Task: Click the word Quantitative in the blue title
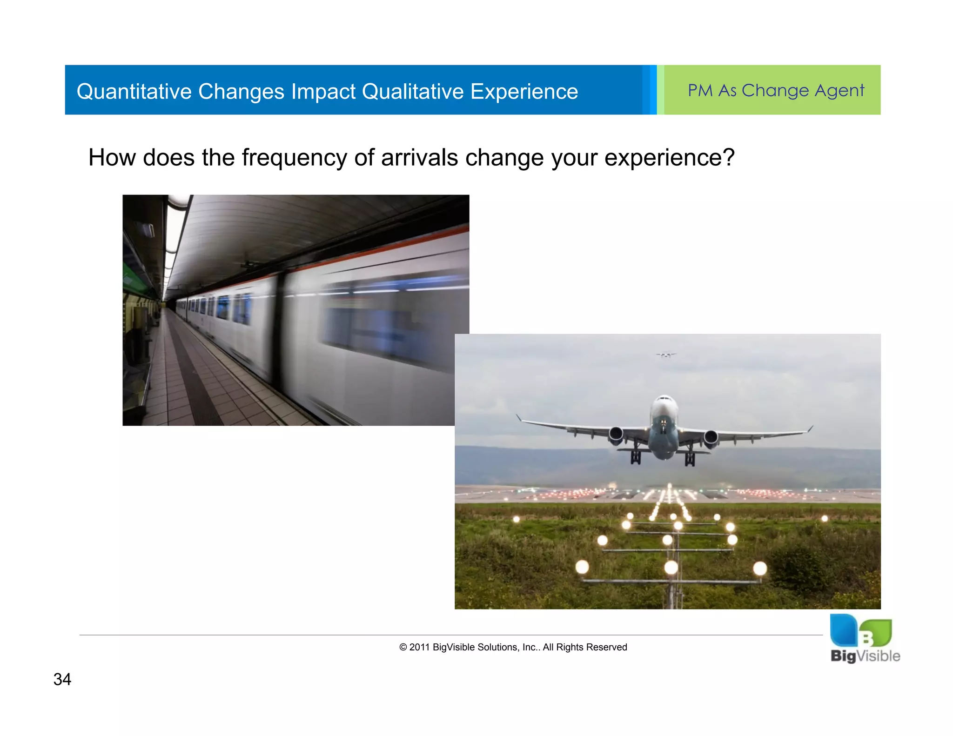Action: coord(134,92)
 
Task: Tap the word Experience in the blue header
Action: coord(524,92)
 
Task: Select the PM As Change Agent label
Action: coord(776,90)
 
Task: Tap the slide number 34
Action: coord(62,679)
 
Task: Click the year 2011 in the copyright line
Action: coord(419,647)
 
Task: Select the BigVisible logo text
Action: coord(865,656)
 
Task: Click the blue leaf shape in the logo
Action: coord(843,630)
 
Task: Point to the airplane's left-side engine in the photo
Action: coord(616,435)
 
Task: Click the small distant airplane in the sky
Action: coord(666,355)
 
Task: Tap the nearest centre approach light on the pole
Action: coord(671,568)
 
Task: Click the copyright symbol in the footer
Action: coord(403,647)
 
